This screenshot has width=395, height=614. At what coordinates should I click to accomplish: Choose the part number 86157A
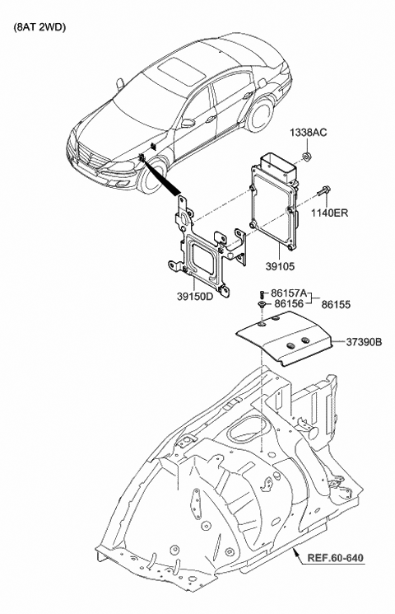coord(287,293)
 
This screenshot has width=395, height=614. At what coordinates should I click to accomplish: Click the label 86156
coord(289,304)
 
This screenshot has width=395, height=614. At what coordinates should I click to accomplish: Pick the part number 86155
coord(337,304)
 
